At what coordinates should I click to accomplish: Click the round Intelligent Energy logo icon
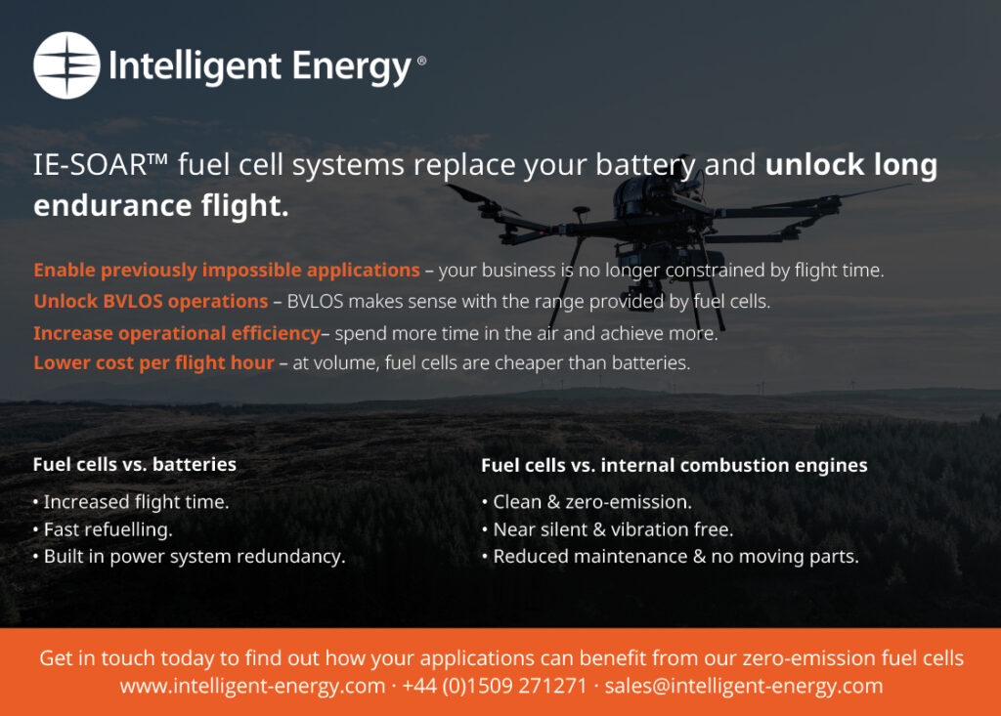pos(66,65)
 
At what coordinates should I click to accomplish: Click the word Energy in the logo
pos(352,67)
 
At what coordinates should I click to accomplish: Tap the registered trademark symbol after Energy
pos(421,61)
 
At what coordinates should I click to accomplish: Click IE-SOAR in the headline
pos(90,165)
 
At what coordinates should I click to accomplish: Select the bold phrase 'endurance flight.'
pos(161,205)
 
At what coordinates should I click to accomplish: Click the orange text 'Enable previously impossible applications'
pos(227,270)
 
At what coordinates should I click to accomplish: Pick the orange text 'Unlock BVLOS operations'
pos(151,301)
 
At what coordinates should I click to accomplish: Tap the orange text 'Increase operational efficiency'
pos(177,333)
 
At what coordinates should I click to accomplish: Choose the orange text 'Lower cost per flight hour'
pos(153,362)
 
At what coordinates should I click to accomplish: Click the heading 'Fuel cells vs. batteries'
pos(135,464)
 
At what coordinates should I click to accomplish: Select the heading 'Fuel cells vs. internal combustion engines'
pos(675,465)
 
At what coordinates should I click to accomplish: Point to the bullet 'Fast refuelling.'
pos(103,529)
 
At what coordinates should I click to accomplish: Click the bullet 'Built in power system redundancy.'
pos(190,557)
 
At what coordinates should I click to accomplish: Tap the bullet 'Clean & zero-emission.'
pos(588,502)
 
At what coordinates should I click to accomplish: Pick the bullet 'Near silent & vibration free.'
pos(608,529)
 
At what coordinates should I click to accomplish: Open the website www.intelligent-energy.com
pos(252,686)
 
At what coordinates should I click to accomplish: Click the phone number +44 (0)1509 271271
pos(494,686)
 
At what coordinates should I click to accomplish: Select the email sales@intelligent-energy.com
pos(743,686)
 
